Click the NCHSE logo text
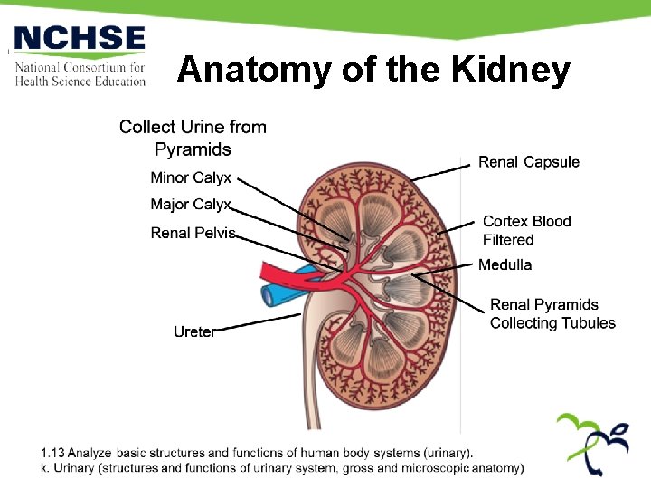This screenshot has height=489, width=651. point(80,40)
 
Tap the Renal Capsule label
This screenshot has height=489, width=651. point(529,162)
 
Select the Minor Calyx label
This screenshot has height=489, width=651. point(191,177)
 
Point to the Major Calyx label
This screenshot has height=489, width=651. point(191,205)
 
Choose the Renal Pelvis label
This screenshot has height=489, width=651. point(193,233)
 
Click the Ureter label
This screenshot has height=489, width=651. point(193,332)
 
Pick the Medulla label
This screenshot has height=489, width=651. point(505,264)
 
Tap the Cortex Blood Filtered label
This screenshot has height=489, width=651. point(526,230)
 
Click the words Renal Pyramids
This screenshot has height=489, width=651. point(544,304)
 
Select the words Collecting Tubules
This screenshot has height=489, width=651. point(552,323)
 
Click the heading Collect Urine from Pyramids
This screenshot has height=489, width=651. point(193,138)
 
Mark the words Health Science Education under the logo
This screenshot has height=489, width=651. point(80,81)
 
